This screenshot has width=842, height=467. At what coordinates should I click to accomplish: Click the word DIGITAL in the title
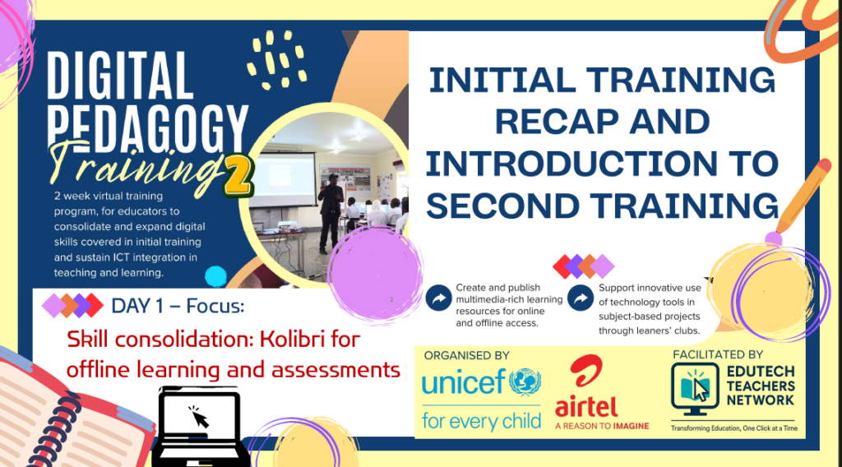point(119,76)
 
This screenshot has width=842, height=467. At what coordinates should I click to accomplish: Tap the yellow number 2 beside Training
point(238,175)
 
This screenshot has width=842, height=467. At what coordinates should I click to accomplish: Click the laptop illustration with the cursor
point(199,426)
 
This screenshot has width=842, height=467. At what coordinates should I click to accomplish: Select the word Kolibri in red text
point(290,340)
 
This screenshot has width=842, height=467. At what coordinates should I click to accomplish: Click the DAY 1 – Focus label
point(178,306)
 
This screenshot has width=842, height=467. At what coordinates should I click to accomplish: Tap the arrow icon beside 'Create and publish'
point(438,298)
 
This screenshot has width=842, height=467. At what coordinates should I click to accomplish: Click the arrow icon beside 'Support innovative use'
point(581,298)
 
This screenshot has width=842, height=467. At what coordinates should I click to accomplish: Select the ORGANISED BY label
point(467,355)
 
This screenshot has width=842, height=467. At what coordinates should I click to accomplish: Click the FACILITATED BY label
point(718,354)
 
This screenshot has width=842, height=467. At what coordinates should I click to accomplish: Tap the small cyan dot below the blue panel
point(216,276)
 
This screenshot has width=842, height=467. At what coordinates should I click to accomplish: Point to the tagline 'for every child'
point(481,422)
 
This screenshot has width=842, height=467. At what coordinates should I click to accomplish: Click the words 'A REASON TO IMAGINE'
point(602,426)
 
